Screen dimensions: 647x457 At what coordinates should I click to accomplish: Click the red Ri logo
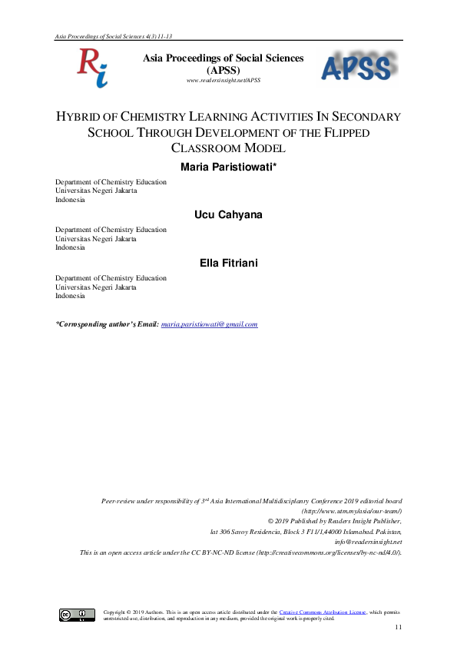pyautogui.click(x=91, y=67)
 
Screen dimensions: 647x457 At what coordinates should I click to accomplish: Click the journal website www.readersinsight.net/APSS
pyautogui.click(x=224, y=80)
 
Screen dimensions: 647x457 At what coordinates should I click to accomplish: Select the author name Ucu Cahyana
pyautogui.click(x=228, y=214)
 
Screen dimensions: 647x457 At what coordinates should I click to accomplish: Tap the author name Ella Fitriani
pyautogui.click(x=228, y=264)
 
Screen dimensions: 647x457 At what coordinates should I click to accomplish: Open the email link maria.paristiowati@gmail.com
pyautogui.click(x=209, y=324)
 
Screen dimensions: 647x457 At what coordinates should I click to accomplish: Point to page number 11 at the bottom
pyautogui.click(x=398, y=629)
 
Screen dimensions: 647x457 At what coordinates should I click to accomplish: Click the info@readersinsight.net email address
pyautogui.click(x=368, y=541)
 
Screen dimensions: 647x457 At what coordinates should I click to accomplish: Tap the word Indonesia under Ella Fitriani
pyautogui.click(x=71, y=296)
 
